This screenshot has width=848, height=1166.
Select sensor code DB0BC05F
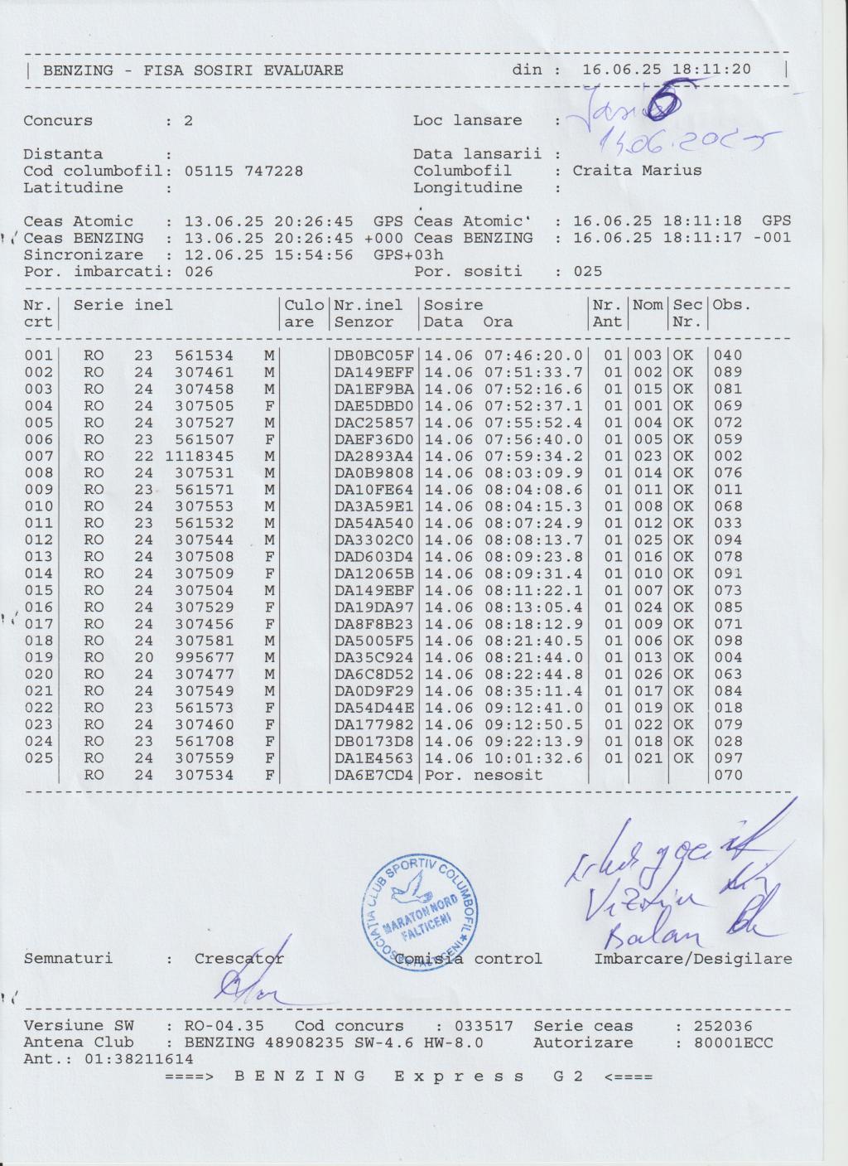coord(373,356)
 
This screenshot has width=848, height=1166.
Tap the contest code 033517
coord(488,1026)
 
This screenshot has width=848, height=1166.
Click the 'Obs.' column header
coord(732,305)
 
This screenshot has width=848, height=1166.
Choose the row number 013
coord(38,557)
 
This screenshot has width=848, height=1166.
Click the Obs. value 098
coord(728,641)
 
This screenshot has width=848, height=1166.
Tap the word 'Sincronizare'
coord(83,254)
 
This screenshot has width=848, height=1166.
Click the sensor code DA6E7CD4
coord(373,776)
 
